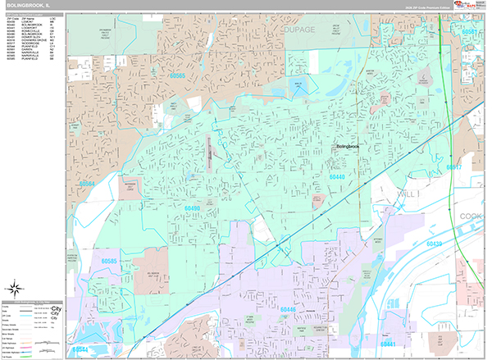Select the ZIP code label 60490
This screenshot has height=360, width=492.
(x=192, y=208)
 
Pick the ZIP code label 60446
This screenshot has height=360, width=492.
(x=287, y=309)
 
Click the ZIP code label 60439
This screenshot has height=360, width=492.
(x=434, y=244)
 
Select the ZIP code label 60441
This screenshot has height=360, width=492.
(x=394, y=344)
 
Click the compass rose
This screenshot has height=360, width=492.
(x=14, y=288)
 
